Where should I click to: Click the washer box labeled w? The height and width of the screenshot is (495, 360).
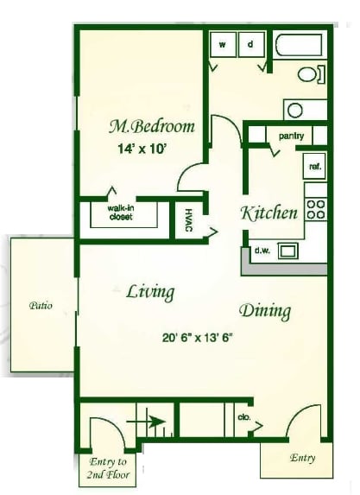coord(223,45)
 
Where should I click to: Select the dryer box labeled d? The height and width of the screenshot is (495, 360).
coord(251,45)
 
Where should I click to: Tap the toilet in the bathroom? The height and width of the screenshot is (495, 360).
coord(312,74)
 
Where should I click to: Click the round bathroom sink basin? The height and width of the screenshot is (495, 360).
coord(295,111)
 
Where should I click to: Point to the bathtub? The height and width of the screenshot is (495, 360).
coord(300,46)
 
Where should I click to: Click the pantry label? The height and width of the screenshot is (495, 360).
coord(291,136)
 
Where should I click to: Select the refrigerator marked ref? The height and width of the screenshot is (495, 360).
coord(314,167)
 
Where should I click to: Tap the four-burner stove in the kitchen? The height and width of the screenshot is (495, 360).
coord(316,209)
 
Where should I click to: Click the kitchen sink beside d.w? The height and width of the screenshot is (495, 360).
coord(287,251)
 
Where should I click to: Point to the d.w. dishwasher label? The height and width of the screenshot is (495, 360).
coord(262,251)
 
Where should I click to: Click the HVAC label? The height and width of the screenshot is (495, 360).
coord(188,220)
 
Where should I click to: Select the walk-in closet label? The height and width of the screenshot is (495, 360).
coord(120,213)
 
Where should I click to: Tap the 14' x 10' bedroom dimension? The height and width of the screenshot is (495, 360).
coord(142,148)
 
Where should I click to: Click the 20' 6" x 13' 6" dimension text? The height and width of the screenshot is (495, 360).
coord(198,338)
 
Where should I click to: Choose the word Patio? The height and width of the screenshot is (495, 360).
coord(41,306)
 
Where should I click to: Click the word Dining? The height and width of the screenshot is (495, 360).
coord(265,311)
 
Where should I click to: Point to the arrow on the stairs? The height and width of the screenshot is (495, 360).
coord(146,422)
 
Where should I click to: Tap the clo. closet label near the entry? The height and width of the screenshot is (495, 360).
coord(244,417)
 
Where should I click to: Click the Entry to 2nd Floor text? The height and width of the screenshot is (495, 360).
coord(108,468)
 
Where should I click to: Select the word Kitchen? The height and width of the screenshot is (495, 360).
coord(269,213)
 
